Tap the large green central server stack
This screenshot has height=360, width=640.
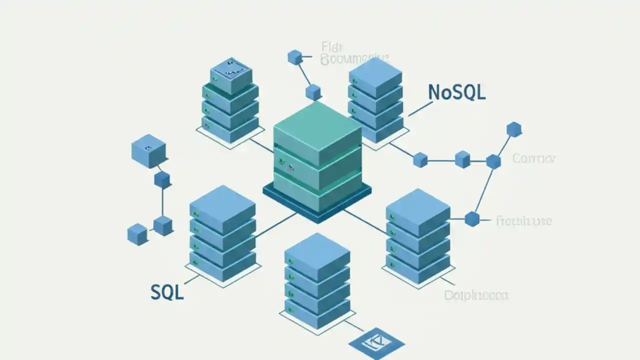click(x=317, y=155)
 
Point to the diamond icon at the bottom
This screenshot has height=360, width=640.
click(x=376, y=342)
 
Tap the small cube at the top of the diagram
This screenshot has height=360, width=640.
click(x=295, y=57)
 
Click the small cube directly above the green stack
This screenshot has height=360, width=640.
click(x=313, y=91)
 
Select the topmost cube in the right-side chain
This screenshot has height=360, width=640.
click(x=514, y=130)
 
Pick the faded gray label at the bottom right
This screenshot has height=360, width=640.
click(x=476, y=295)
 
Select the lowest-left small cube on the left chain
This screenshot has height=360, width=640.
click(x=137, y=233)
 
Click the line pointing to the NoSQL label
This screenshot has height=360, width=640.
click(x=420, y=109)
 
